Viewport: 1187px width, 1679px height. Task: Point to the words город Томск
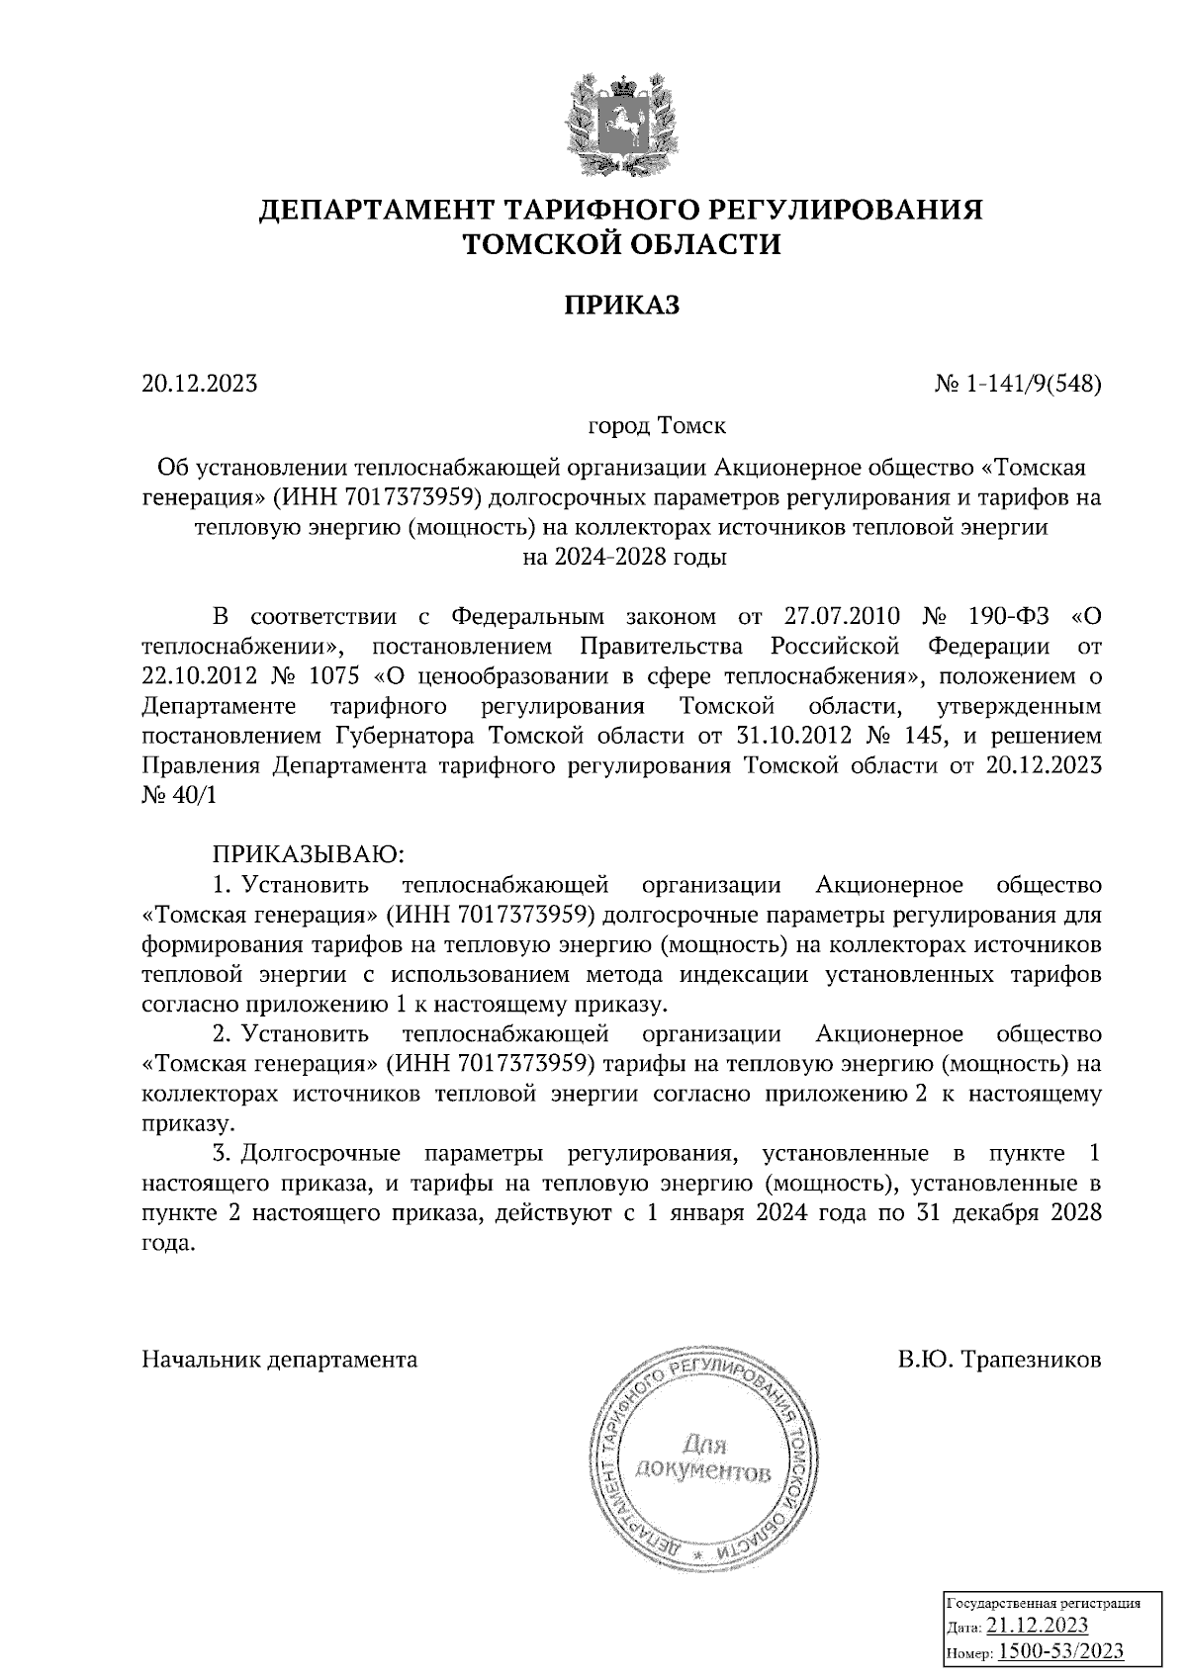[657, 426]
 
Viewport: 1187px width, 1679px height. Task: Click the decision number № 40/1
[178, 797]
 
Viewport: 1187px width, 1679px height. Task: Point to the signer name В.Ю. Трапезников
[1000, 1360]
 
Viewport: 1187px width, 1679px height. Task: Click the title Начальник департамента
[280, 1360]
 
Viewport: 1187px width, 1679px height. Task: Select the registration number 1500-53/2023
[1060, 1650]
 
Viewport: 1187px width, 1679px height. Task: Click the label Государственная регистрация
[1045, 1603]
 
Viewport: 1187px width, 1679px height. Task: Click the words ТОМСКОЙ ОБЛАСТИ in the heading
[622, 244]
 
